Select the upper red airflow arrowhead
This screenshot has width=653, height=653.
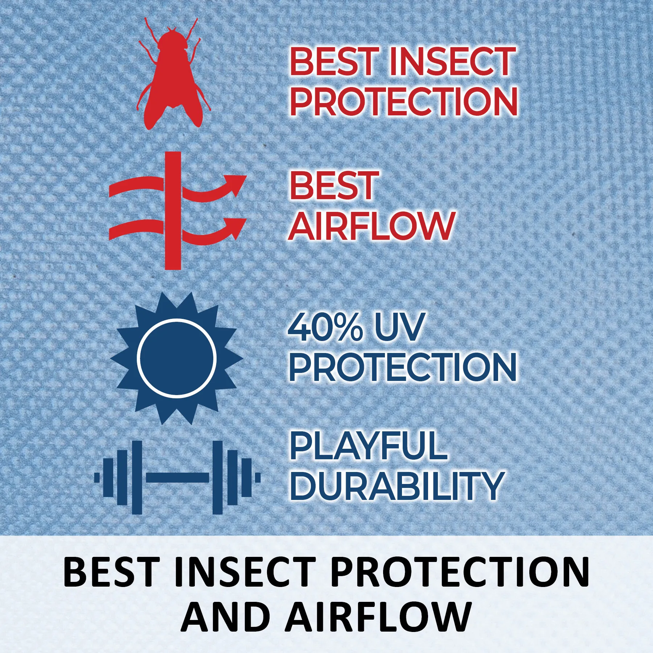pos(235,185)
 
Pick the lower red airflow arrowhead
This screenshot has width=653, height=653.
pos(235,228)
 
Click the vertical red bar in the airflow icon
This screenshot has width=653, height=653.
pos(173,210)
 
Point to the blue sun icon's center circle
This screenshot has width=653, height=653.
pos(177,358)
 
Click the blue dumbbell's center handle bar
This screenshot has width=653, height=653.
pos(177,477)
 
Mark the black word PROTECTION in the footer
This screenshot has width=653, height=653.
pos(460,572)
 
